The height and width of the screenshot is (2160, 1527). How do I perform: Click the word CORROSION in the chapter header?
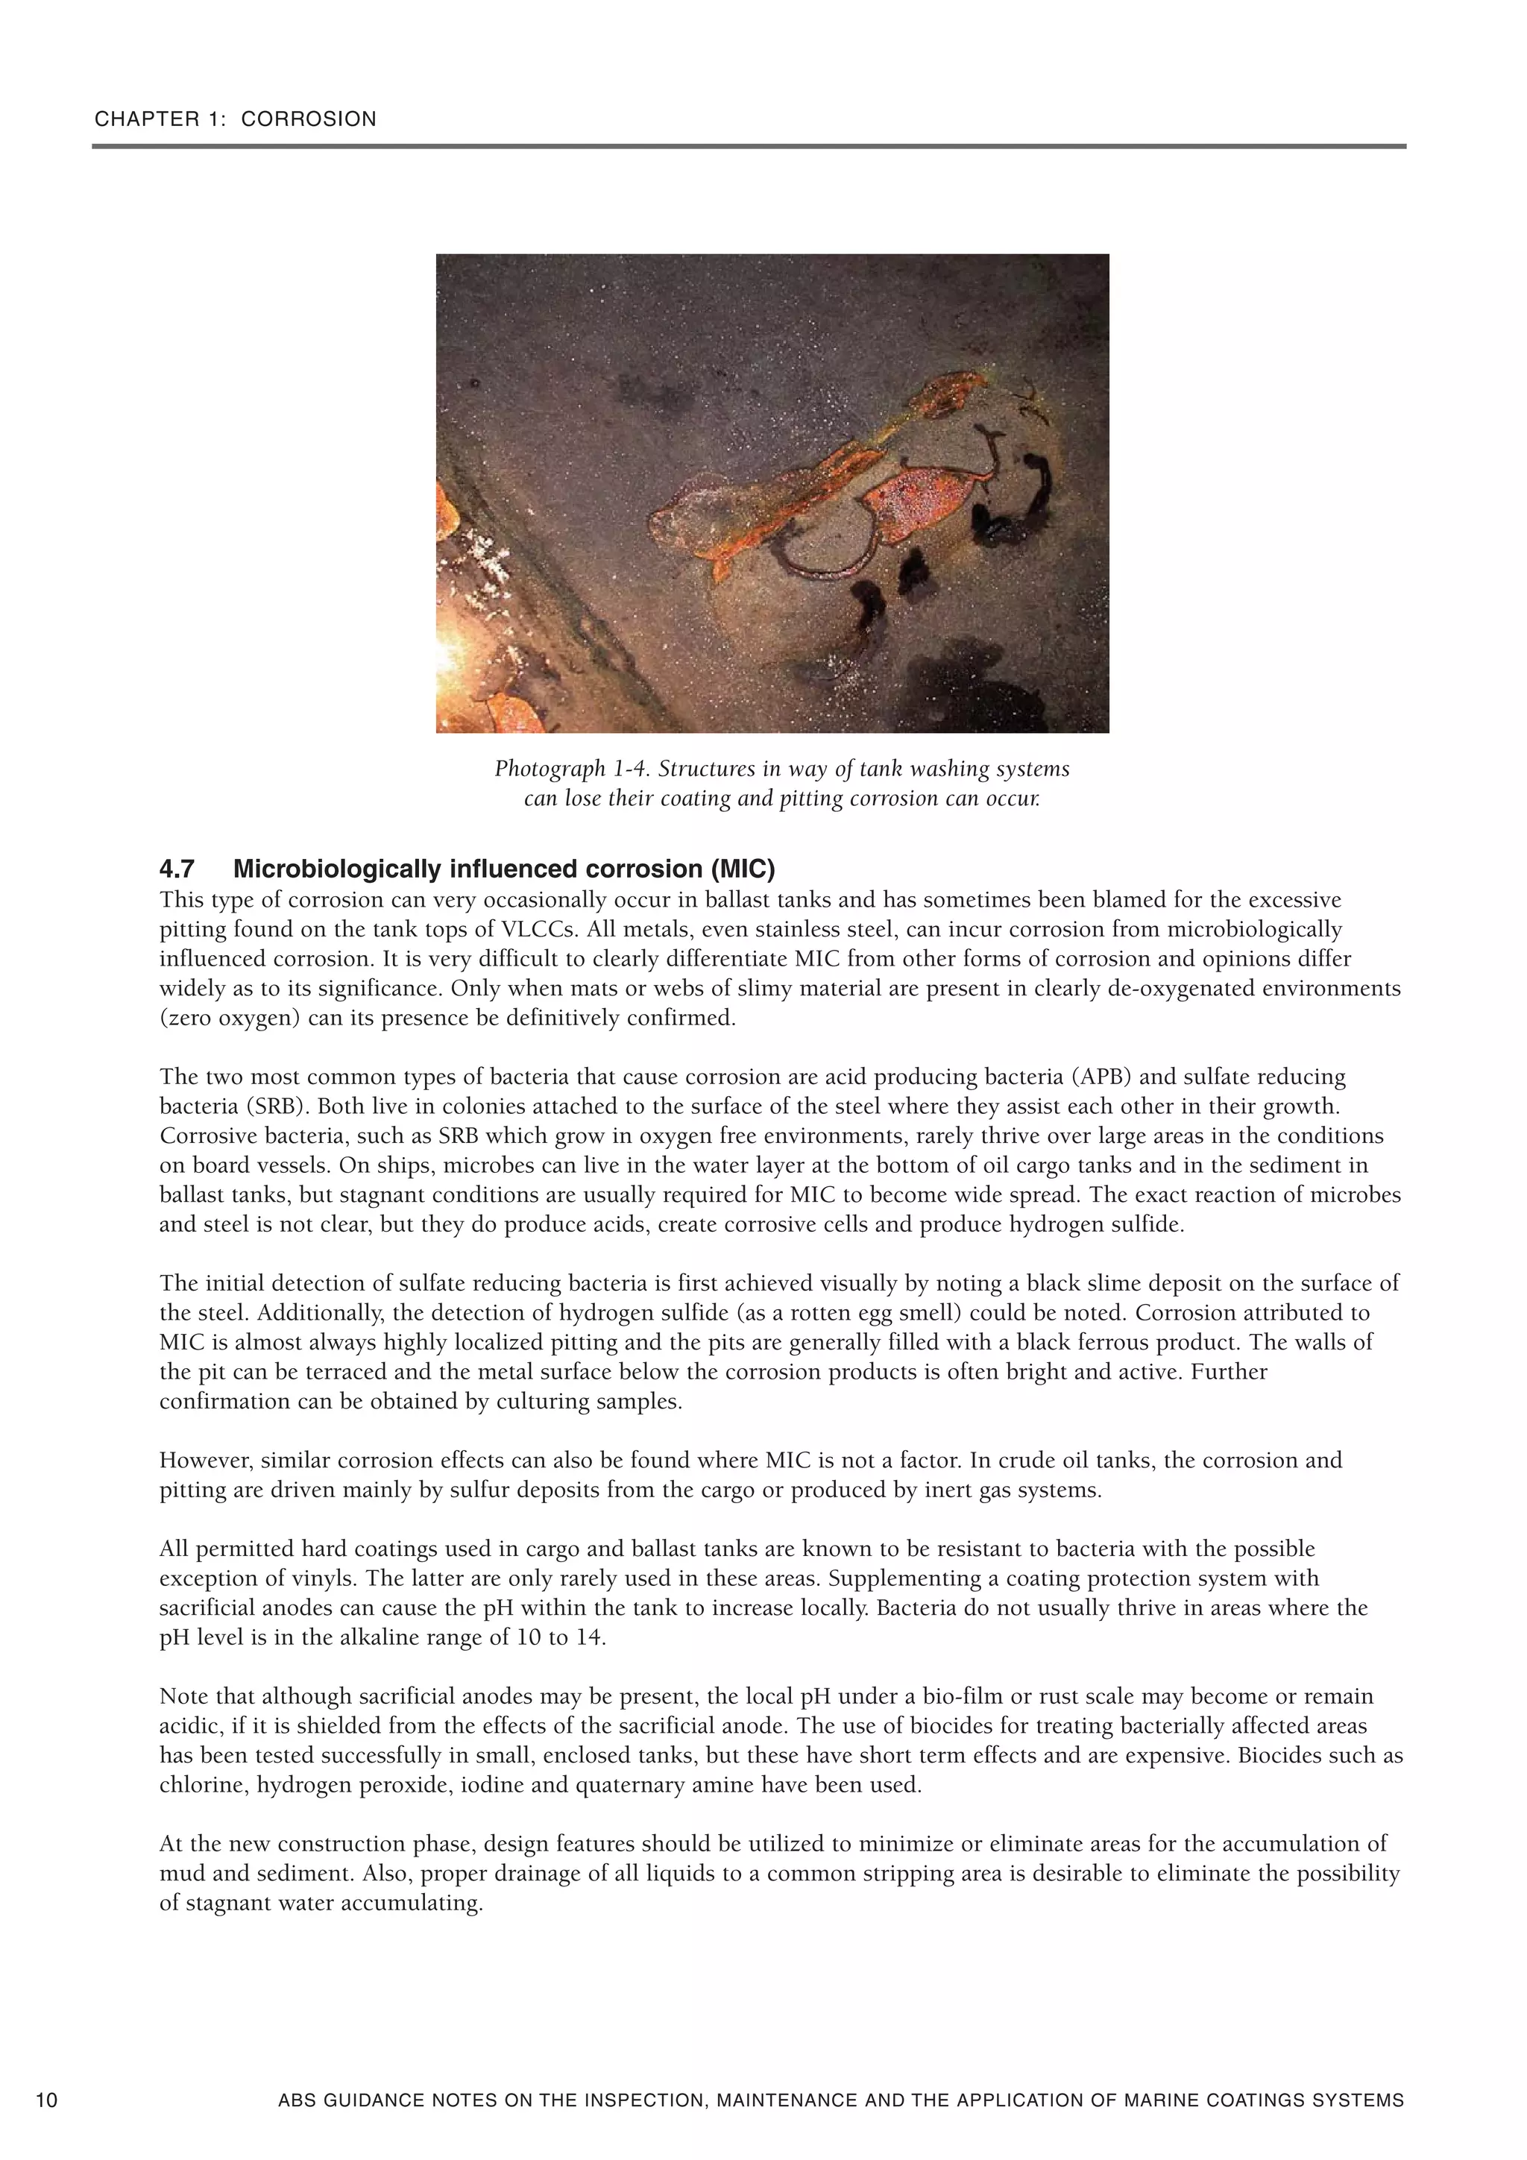click(309, 119)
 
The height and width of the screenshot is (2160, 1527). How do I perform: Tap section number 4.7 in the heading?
click(177, 869)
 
